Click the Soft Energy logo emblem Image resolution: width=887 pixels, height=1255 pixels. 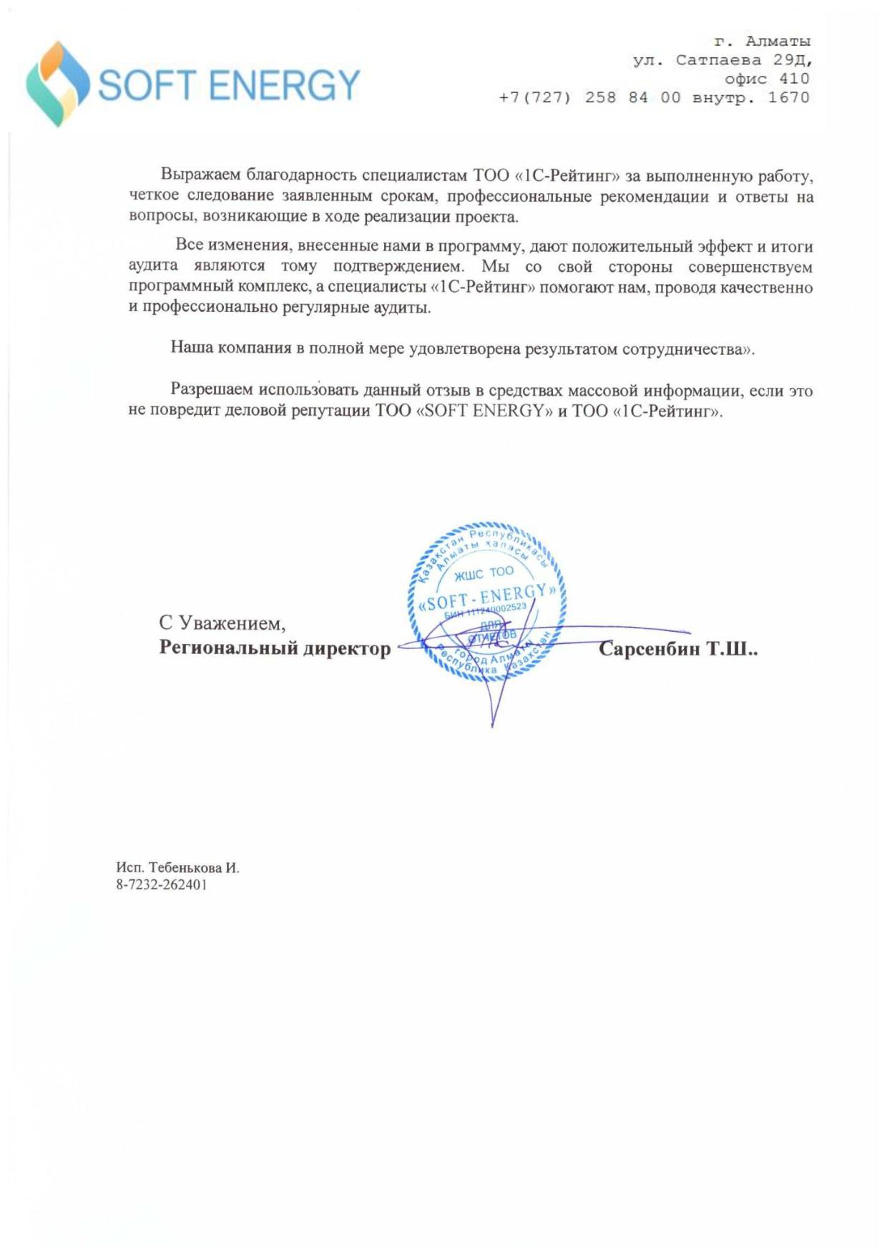click(57, 84)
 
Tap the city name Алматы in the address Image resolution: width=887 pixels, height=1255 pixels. click(778, 41)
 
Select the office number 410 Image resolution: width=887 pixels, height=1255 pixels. click(794, 79)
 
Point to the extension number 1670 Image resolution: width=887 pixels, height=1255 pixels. click(788, 97)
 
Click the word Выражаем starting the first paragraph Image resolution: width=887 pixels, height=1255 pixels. click(200, 175)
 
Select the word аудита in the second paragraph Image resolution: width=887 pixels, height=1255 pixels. click(153, 266)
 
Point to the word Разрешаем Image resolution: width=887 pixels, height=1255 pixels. click(211, 390)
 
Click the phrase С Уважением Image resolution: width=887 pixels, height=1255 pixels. click(222, 623)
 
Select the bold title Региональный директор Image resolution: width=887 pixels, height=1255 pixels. click(275, 648)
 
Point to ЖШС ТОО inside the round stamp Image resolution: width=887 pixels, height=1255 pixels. click(484, 573)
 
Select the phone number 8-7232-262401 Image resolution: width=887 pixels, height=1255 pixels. click(162, 885)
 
